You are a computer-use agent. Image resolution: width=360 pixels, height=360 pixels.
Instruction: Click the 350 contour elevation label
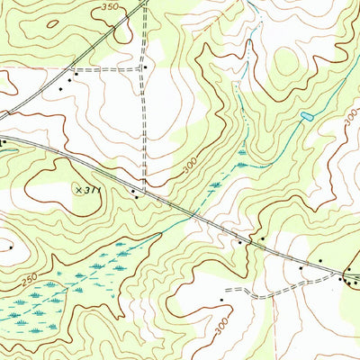point(111,7)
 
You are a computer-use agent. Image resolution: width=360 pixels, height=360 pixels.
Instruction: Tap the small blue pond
point(306,117)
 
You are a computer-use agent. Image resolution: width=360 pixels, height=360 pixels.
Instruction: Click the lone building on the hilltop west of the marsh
point(10,246)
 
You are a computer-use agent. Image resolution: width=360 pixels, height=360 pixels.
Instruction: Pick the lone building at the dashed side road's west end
point(220,299)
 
